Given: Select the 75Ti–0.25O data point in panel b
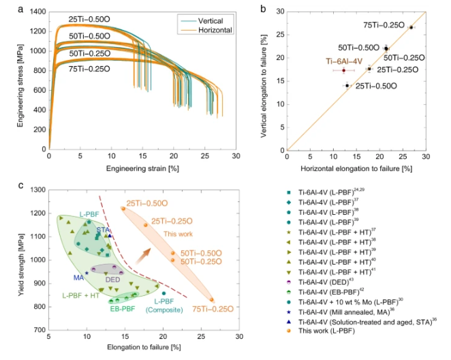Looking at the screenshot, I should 411,27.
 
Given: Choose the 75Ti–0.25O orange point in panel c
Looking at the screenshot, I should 212,299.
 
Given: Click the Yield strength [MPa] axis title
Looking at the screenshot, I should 22,260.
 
